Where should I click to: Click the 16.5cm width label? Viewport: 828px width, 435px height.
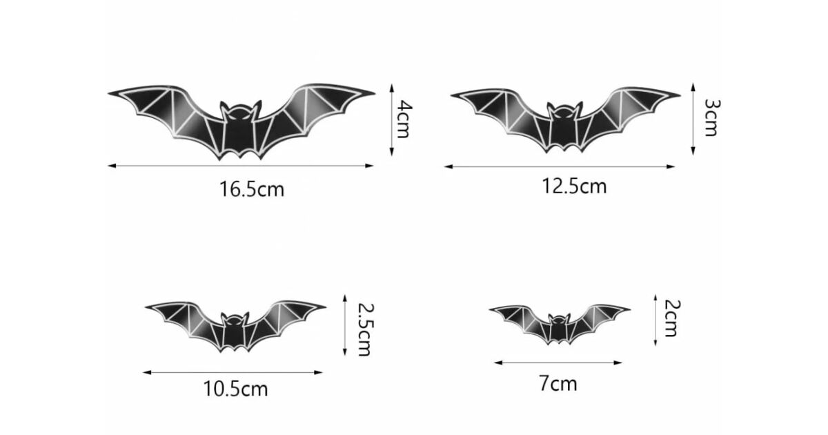click(252, 189)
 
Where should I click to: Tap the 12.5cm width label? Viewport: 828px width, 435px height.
click(574, 186)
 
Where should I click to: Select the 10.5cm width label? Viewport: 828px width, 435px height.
click(236, 389)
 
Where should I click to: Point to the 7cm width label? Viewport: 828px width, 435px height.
click(558, 383)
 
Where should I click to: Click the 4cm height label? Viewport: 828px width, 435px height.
click(404, 119)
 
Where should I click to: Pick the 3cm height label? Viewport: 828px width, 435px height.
click(712, 117)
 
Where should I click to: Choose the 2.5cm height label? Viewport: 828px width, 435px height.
click(366, 329)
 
